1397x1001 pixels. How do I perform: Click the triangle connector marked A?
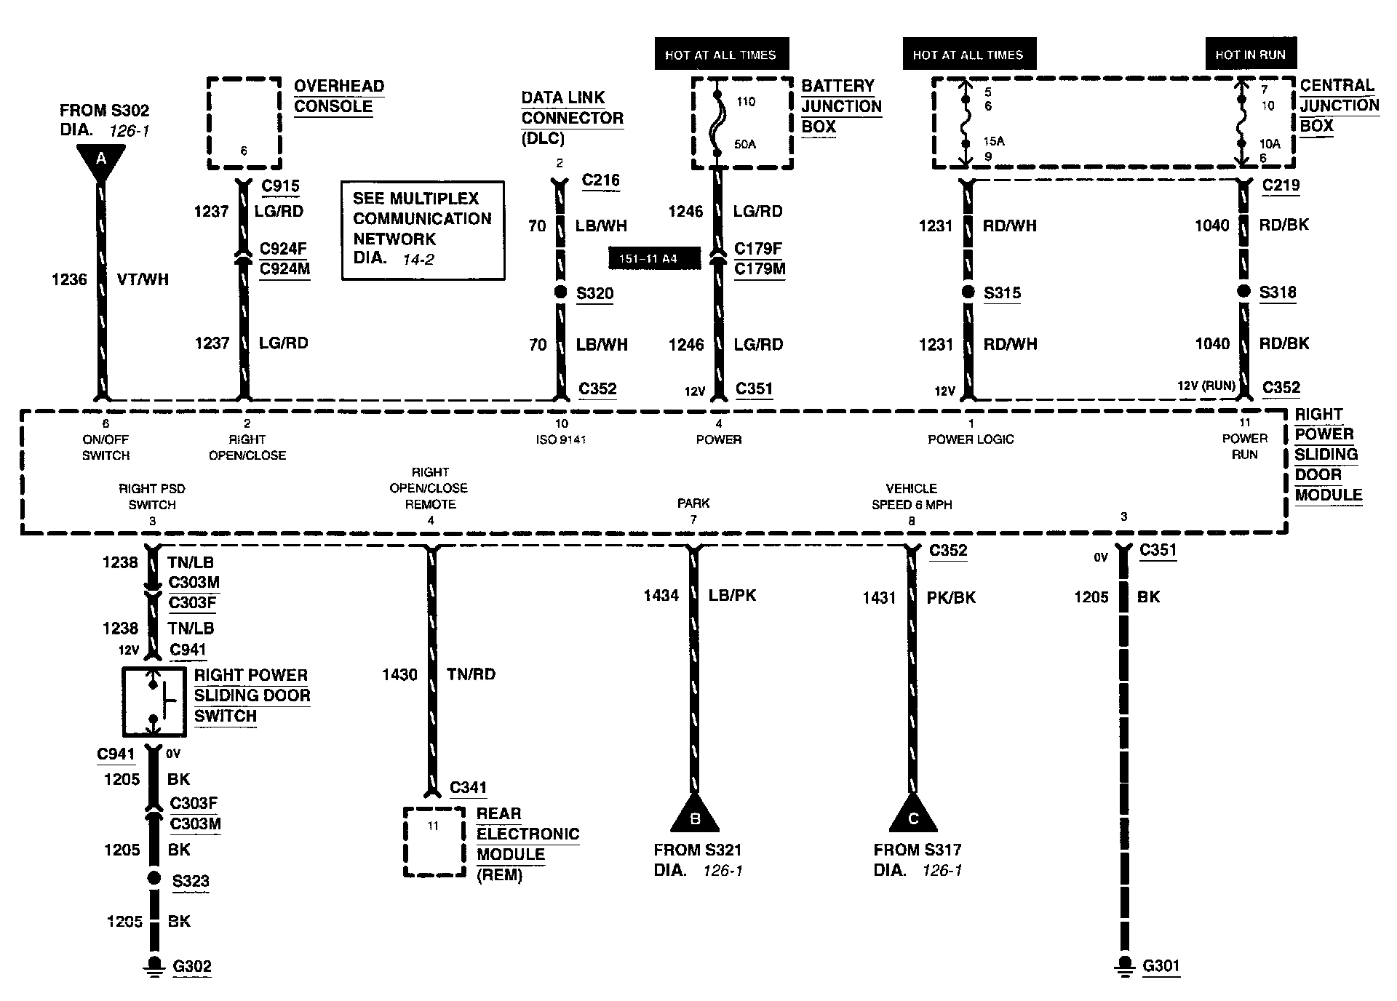coord(100,161)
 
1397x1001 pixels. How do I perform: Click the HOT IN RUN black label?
coord(1250,55)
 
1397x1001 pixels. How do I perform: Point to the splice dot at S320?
coord(560,292)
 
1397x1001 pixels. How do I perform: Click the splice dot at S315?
coord(968,292)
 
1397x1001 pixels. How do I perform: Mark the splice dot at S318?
coord(1244,292)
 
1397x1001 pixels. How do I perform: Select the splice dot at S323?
coord(154,878)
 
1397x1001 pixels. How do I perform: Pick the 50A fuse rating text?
coord(745,144)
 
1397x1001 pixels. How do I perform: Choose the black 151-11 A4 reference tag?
coord(653,258)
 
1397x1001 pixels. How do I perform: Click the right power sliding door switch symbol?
coord(153,701)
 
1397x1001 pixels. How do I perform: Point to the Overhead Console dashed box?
coord(244,122)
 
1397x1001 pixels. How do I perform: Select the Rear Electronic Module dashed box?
coord(434,842)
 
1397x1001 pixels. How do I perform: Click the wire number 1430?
coord(399,675)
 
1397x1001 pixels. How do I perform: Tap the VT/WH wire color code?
coord(143,279)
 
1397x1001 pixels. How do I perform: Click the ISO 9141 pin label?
coord(561,439)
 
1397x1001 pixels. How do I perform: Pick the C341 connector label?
coord(469,787)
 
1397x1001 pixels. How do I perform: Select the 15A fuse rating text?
coord(994,141)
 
